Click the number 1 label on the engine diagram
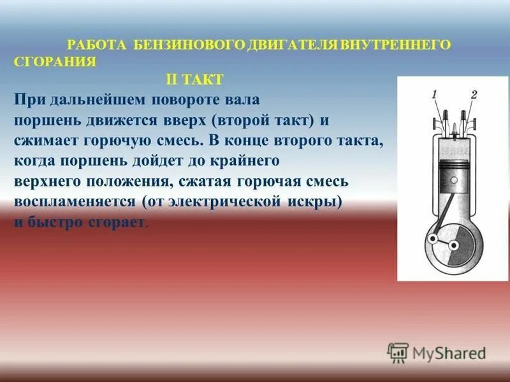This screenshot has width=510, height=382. tap(434, 95)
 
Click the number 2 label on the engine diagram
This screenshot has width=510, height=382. tap(474, 95)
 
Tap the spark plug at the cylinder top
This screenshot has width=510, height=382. tap(453, 121)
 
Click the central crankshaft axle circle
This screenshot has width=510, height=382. tap(454, 245)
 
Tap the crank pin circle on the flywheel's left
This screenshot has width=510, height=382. tap(433, 240)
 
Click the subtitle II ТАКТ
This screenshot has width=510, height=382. tap(194, 79)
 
